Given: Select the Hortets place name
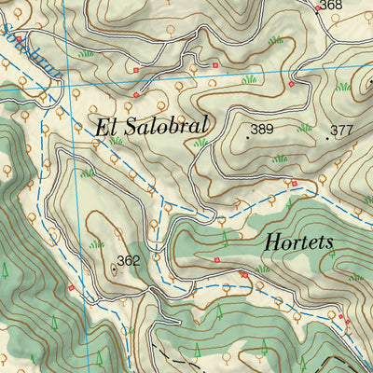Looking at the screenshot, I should (298, 242).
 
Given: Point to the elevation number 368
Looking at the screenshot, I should (330, 7).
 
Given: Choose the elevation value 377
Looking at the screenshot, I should (342, 131).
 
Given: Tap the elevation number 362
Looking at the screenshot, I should (128, 261).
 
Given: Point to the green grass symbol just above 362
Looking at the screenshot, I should (96, 243).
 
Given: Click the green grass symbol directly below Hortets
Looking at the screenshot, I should (263, 269).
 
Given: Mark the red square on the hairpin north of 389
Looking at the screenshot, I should (291, 84).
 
